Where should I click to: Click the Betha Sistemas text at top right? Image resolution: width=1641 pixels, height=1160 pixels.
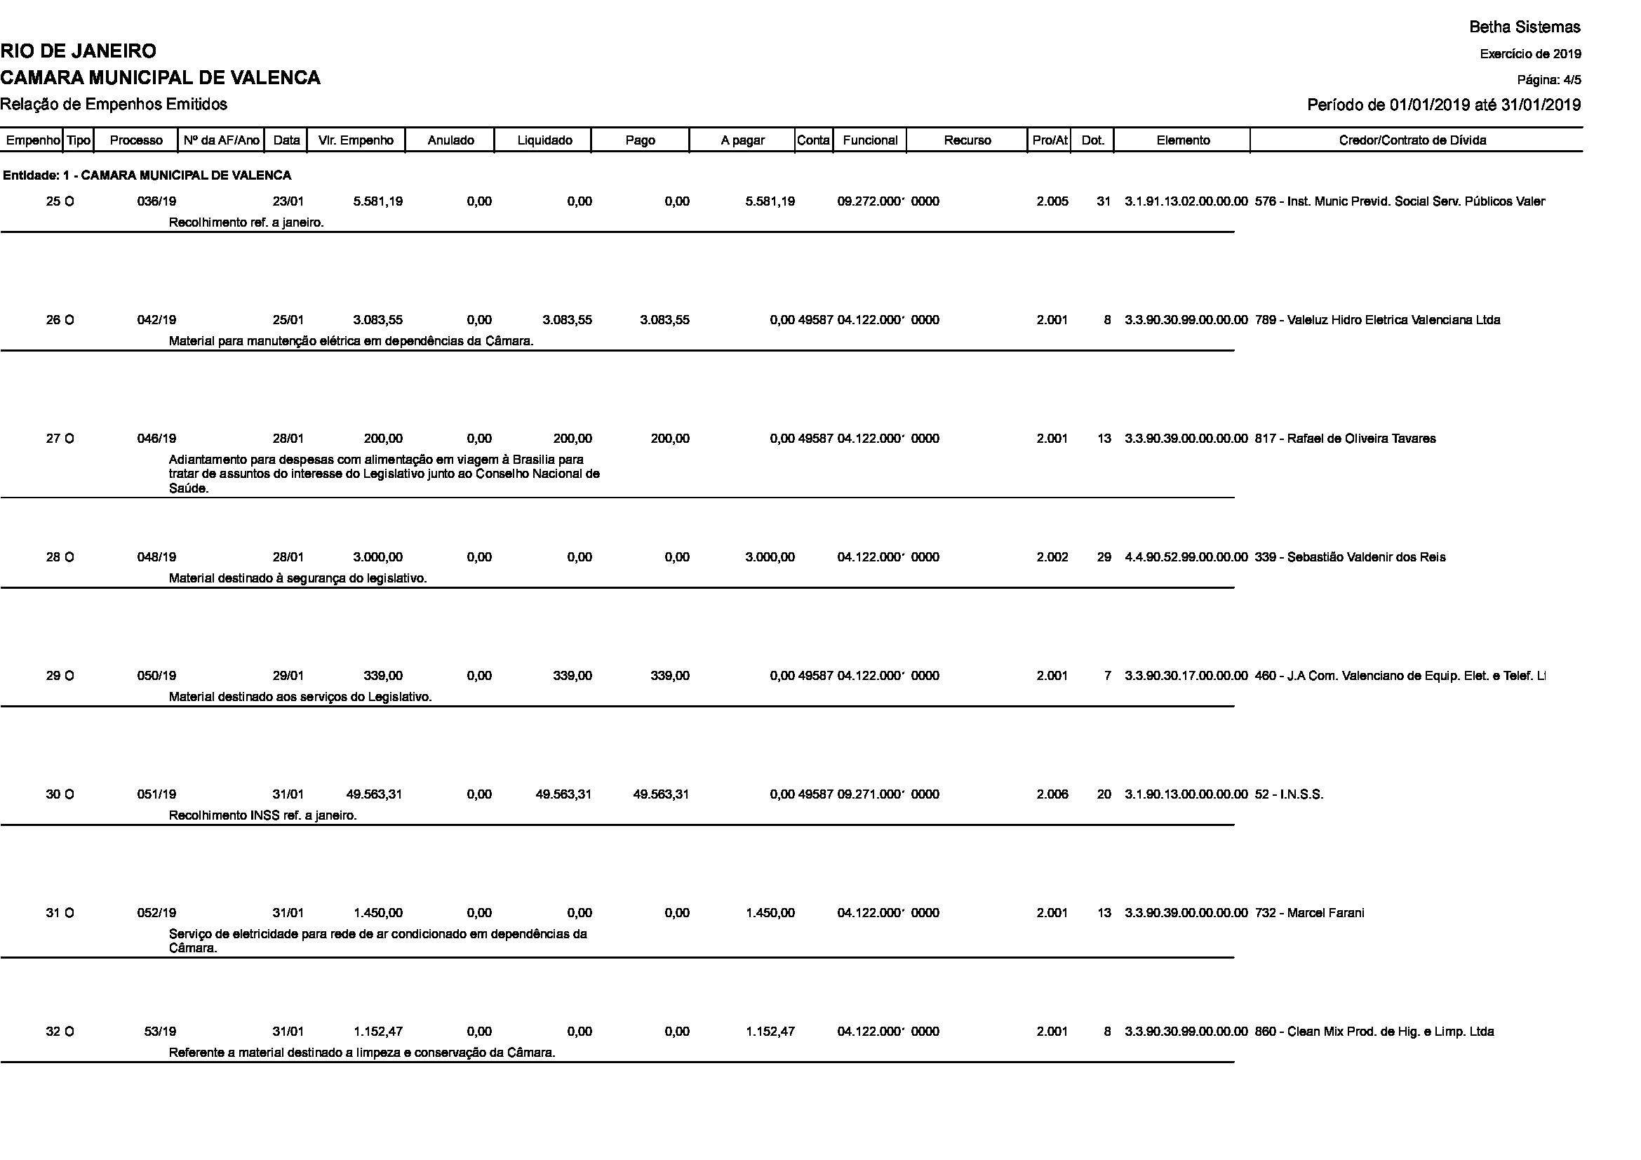pyautogui.click(x=1525, y=27)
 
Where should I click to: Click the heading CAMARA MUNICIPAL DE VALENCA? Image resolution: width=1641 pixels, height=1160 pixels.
pyautogui.click(x=160, y=78)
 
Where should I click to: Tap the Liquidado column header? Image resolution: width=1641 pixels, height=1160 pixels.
pyautogui.click(x=544, y=141)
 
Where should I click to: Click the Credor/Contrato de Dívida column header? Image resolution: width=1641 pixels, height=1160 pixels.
pyautogui.click(x=1412, y=141)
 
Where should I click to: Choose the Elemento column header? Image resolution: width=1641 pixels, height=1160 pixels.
pyautogui.click(x=1183, y=141)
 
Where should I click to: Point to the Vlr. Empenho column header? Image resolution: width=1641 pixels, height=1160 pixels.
pyautogui.click(x=356, y=141)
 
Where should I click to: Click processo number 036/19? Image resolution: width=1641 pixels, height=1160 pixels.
pyautogui.click(x=156, y=201)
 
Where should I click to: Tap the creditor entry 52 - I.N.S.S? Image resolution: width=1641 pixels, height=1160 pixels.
pyautogui.click(x=1290, y=794)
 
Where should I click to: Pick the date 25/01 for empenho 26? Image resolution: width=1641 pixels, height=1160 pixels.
pyautogui.click(x=288, y=320)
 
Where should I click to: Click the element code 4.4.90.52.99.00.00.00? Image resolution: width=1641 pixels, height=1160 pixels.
pyautogui.click(x=1186, y=557)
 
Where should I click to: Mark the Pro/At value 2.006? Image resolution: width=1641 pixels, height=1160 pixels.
pyautogui.click(x=1052, y=794)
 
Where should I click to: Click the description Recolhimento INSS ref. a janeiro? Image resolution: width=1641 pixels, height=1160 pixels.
pyautogui.click(x=262, y=815)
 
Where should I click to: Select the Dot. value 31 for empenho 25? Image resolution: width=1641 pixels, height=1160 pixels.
pyautogui.click(x=1104, y=201)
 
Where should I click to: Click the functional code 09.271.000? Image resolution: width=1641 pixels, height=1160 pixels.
pyautogui.click(x=871, y=794)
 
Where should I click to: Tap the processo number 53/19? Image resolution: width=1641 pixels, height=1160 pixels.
pyautogui.click(x=160, y=1032)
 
